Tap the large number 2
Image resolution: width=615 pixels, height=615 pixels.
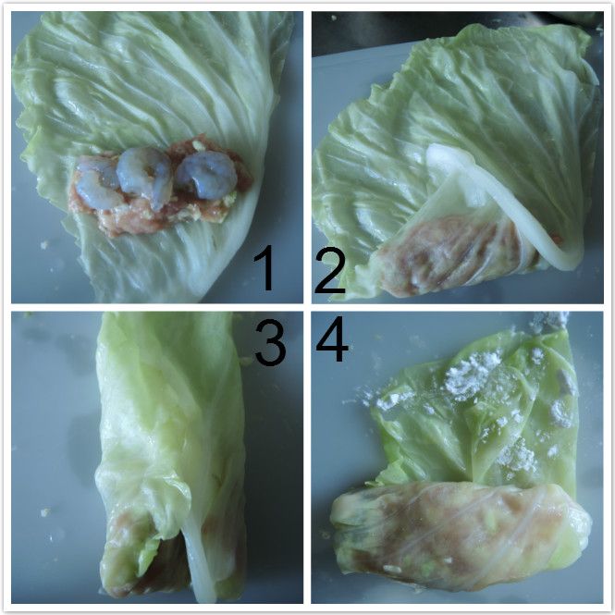(x=330, y=270)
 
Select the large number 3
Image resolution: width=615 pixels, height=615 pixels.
(x=270, y=342)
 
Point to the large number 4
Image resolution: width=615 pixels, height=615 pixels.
(x=332, y=338)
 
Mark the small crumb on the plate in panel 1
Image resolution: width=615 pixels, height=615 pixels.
(x=44, y=245)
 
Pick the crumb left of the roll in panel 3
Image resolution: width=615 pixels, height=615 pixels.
(x=45, y=511)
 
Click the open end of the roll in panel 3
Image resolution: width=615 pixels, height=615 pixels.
(x=157, y=565)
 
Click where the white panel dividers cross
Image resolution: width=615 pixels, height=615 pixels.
(x=307, y=307)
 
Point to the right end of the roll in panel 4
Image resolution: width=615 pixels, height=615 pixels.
(x=581, y=525)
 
